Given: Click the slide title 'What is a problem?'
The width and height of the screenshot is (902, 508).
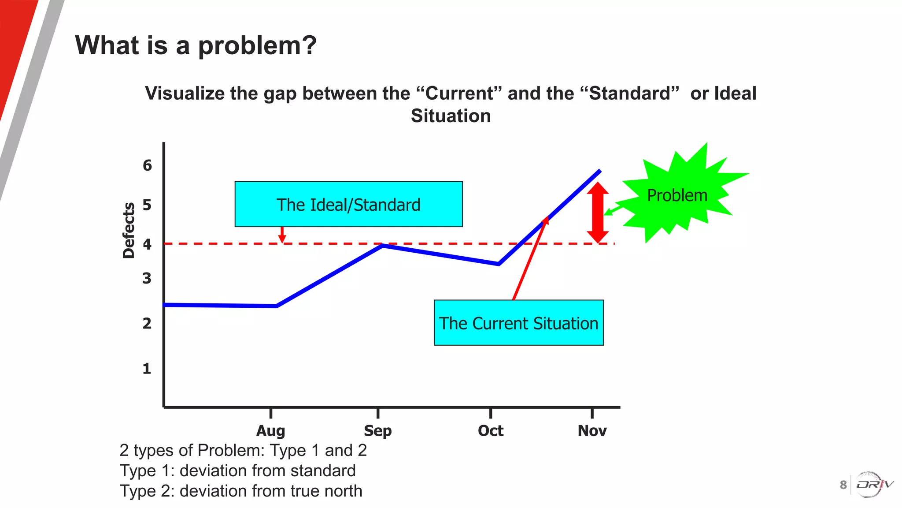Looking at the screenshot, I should click(x=196, y=45).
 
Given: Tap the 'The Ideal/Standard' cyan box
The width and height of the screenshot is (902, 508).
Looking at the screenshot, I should click(x=348, y=204).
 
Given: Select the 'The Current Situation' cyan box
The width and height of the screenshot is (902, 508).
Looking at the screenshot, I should click(x=518, y=323).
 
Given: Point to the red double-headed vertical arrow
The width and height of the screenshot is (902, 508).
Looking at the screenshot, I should click(x=598, y=212).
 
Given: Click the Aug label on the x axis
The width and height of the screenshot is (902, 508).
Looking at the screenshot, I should click(x=270, y=430).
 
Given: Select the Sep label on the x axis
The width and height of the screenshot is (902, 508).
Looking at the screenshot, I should click(x=377, y=430).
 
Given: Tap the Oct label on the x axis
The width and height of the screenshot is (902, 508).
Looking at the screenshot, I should click(x=490, y=430).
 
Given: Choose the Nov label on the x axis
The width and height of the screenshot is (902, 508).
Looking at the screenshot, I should click(x=592, y=430).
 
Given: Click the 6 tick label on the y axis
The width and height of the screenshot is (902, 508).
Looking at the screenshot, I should click(x=147, y=165).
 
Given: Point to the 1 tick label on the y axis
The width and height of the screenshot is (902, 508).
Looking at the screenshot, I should click(x=147, y=368).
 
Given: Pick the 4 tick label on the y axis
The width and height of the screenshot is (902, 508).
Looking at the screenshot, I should click(x=147, y=244).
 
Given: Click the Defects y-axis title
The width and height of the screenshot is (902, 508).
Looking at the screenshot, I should click(x=129, y=230).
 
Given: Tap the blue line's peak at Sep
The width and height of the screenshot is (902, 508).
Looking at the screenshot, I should click(x=382, y=245).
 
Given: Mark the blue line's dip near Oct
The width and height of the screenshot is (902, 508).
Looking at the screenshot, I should click(x=498, y=264).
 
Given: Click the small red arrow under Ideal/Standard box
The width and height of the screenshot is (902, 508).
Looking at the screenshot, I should click(x=282, y=235).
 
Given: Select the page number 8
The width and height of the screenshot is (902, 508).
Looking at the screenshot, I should click(x=843, y=485).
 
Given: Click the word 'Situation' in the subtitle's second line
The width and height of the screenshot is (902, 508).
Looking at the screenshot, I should click(x=451, y=116).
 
